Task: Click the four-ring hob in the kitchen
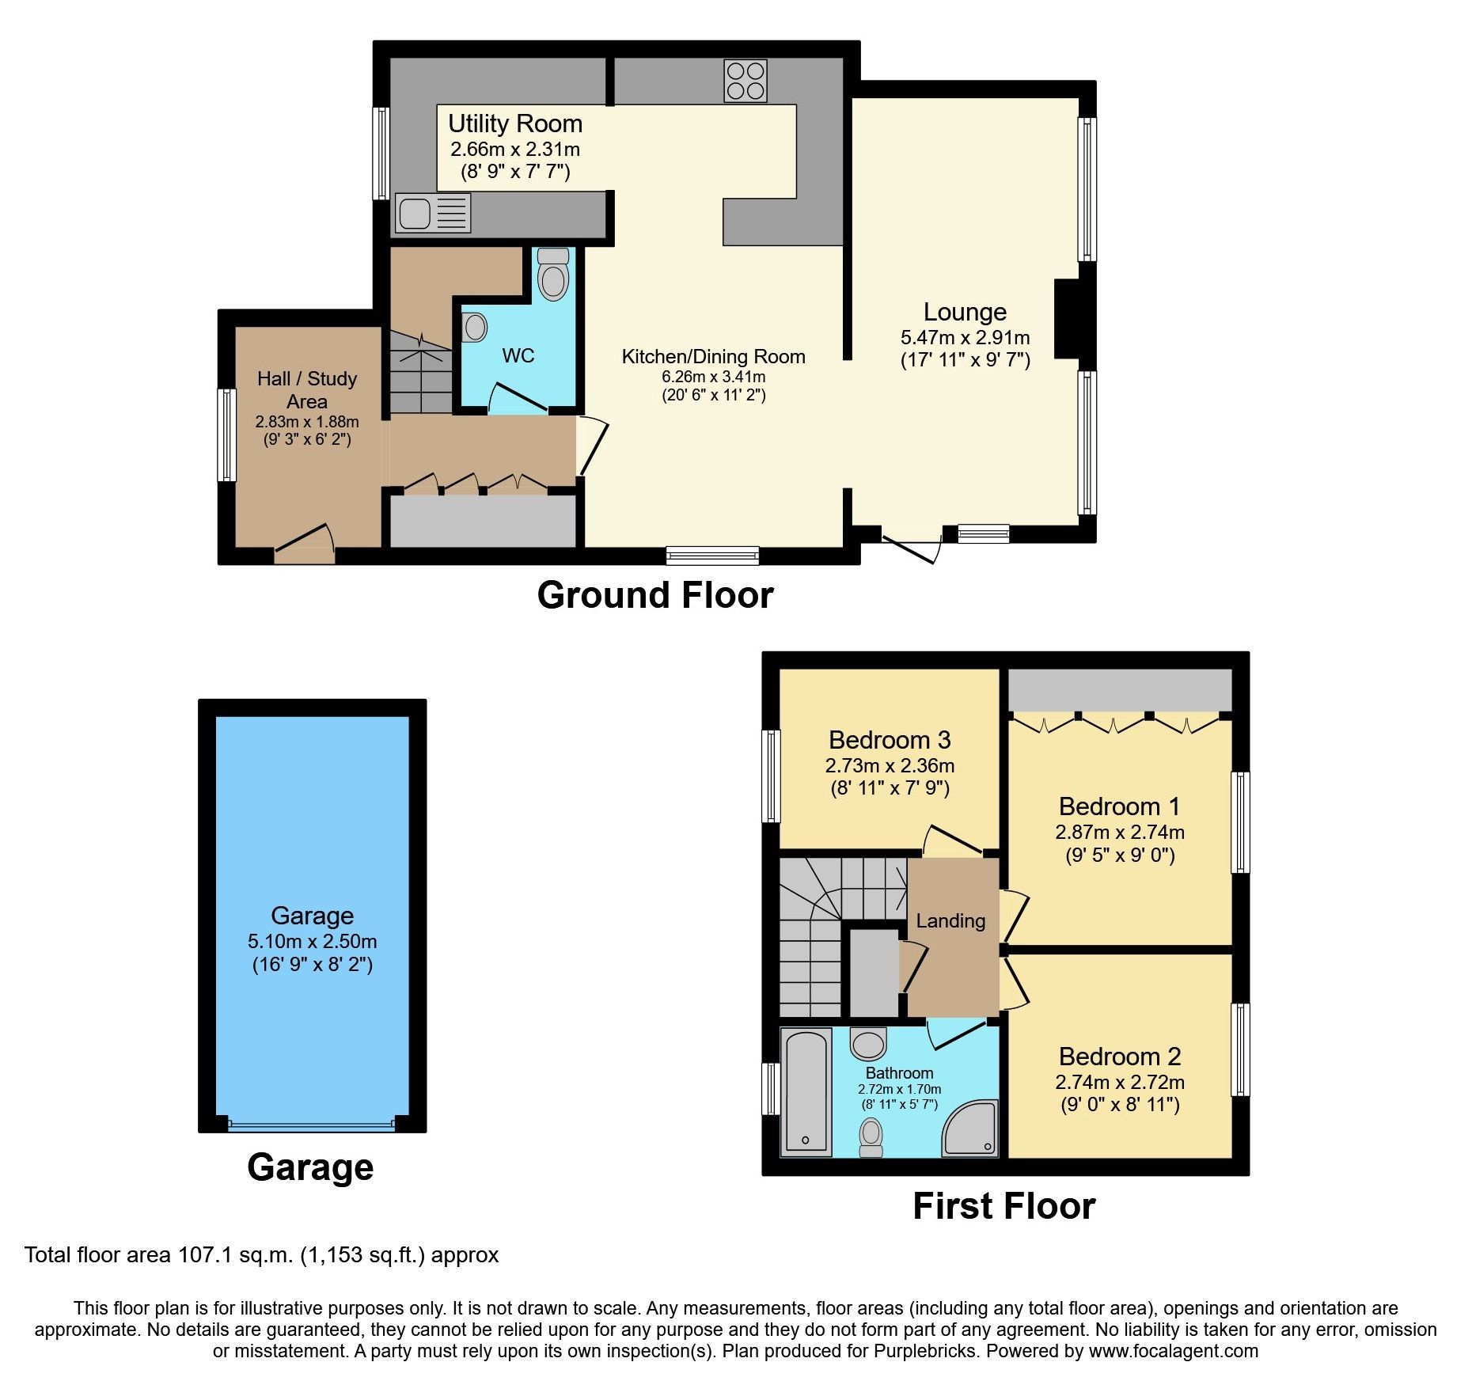coord(745,81)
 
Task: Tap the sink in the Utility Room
coord(414,213)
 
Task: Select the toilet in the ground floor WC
coord(552,275)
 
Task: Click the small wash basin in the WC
coord(474,327)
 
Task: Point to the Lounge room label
coord(965,312)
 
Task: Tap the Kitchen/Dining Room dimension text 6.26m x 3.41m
coord(713,377)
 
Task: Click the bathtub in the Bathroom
coord(806,1091)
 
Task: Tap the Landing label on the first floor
coord(950,921)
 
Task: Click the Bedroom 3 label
coord(890,740)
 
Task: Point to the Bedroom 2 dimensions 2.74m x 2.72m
coord(1119,1082)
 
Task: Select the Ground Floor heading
coord(654,595)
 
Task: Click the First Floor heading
coord(1003,1206)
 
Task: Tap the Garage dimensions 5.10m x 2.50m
coord(312,942)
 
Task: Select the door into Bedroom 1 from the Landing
coord(1014,915)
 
